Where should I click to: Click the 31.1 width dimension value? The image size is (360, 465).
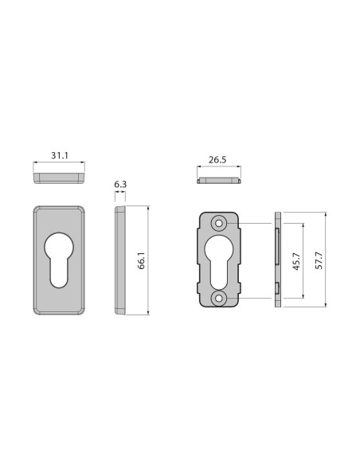(60, 155)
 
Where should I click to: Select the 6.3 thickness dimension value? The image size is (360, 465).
(120, 184)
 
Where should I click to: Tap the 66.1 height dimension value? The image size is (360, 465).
(141, 260)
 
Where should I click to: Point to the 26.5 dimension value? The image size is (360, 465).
(217, 159)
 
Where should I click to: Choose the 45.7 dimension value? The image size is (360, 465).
(296, 260)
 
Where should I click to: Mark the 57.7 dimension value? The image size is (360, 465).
(319, 260)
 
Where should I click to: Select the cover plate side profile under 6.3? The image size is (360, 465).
(120, 260)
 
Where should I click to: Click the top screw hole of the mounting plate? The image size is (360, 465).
(218, 224)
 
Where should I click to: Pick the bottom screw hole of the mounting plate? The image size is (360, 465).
(218, 298)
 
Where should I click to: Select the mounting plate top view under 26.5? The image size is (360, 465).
(218, 180)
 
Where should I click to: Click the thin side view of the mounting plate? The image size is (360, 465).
(277, 260)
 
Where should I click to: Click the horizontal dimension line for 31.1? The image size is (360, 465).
(60, 164)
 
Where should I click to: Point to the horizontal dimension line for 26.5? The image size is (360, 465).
(218, 168)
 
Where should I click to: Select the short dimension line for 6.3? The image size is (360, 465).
(120, 192)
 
